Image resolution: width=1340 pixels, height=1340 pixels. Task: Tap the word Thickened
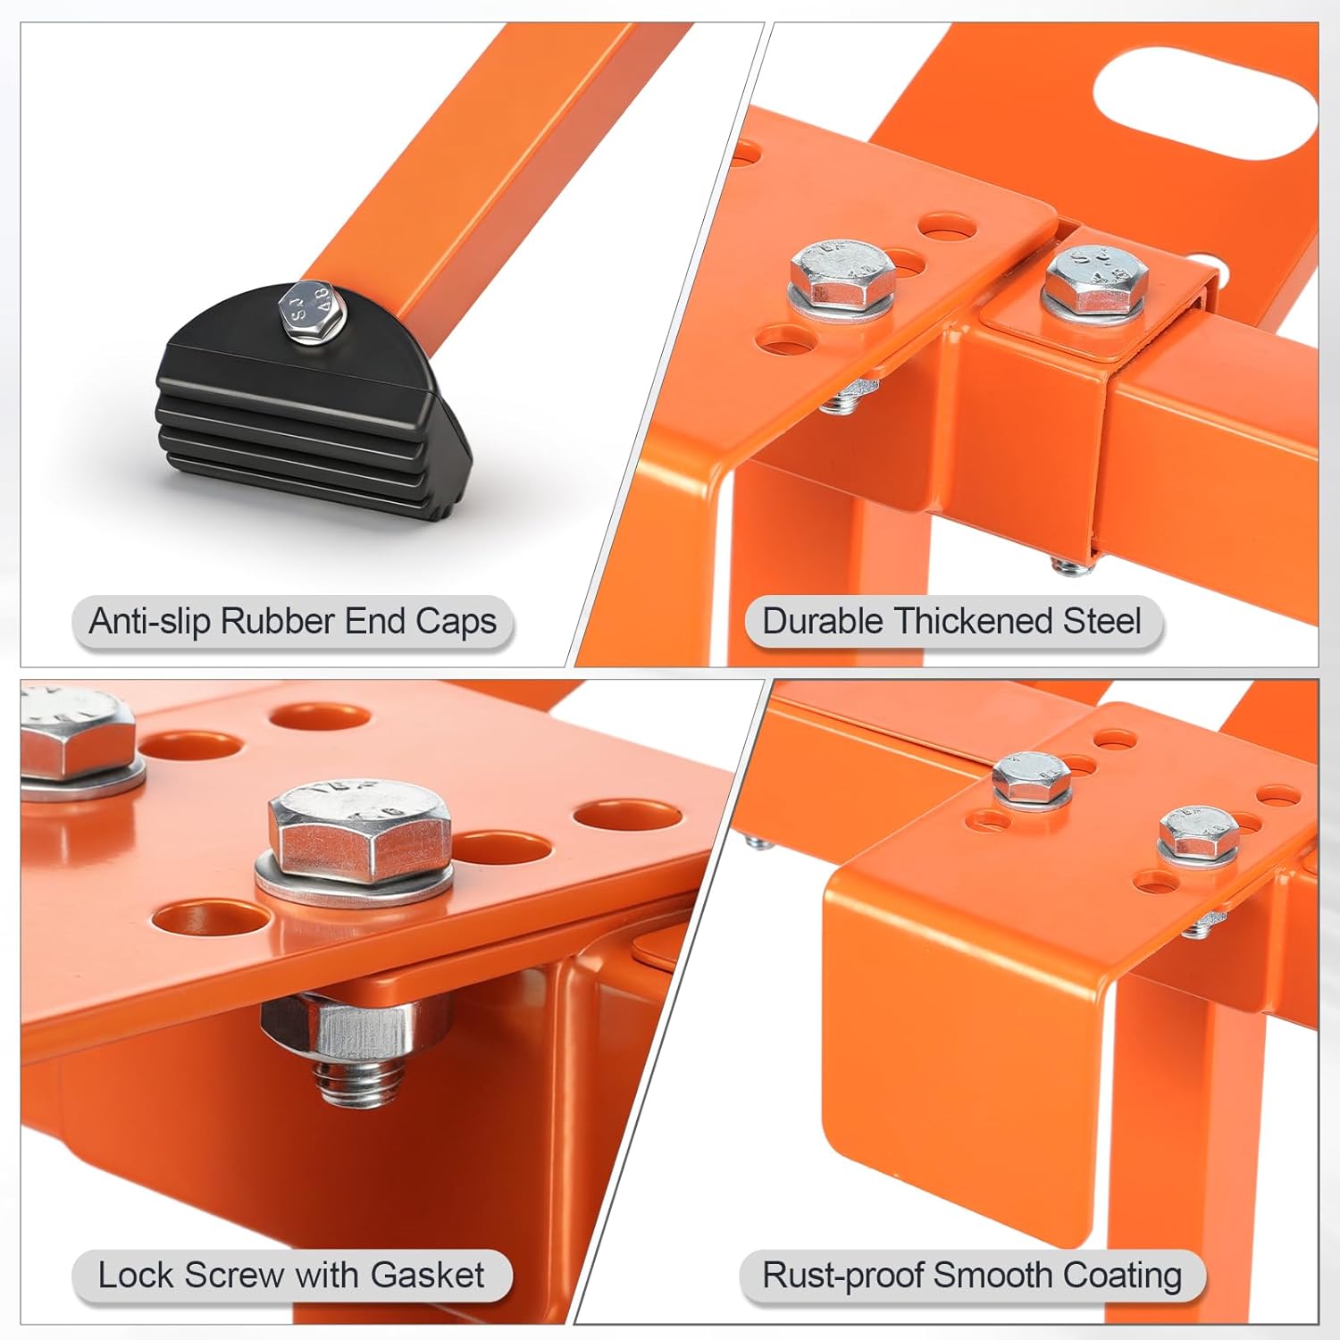[x=972, y=621]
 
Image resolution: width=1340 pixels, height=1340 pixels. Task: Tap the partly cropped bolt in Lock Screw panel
[x=76, y=737]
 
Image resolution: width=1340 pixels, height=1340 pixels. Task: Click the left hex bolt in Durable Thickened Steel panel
[x=842, y=273]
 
